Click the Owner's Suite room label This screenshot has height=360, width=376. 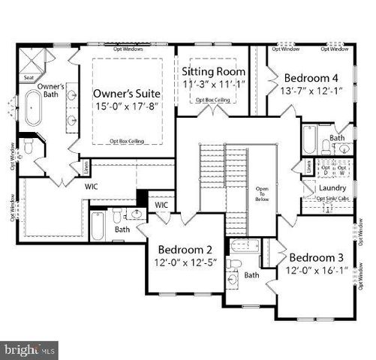(128, 94)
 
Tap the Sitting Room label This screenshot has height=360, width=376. (215, 71)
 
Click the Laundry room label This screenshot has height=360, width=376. (332, 187)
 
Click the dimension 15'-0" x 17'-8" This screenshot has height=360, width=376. (128, 109)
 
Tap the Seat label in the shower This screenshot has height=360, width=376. (29, 76)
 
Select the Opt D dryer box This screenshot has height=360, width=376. (325, 168)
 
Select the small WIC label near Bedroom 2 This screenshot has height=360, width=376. (161, 204)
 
